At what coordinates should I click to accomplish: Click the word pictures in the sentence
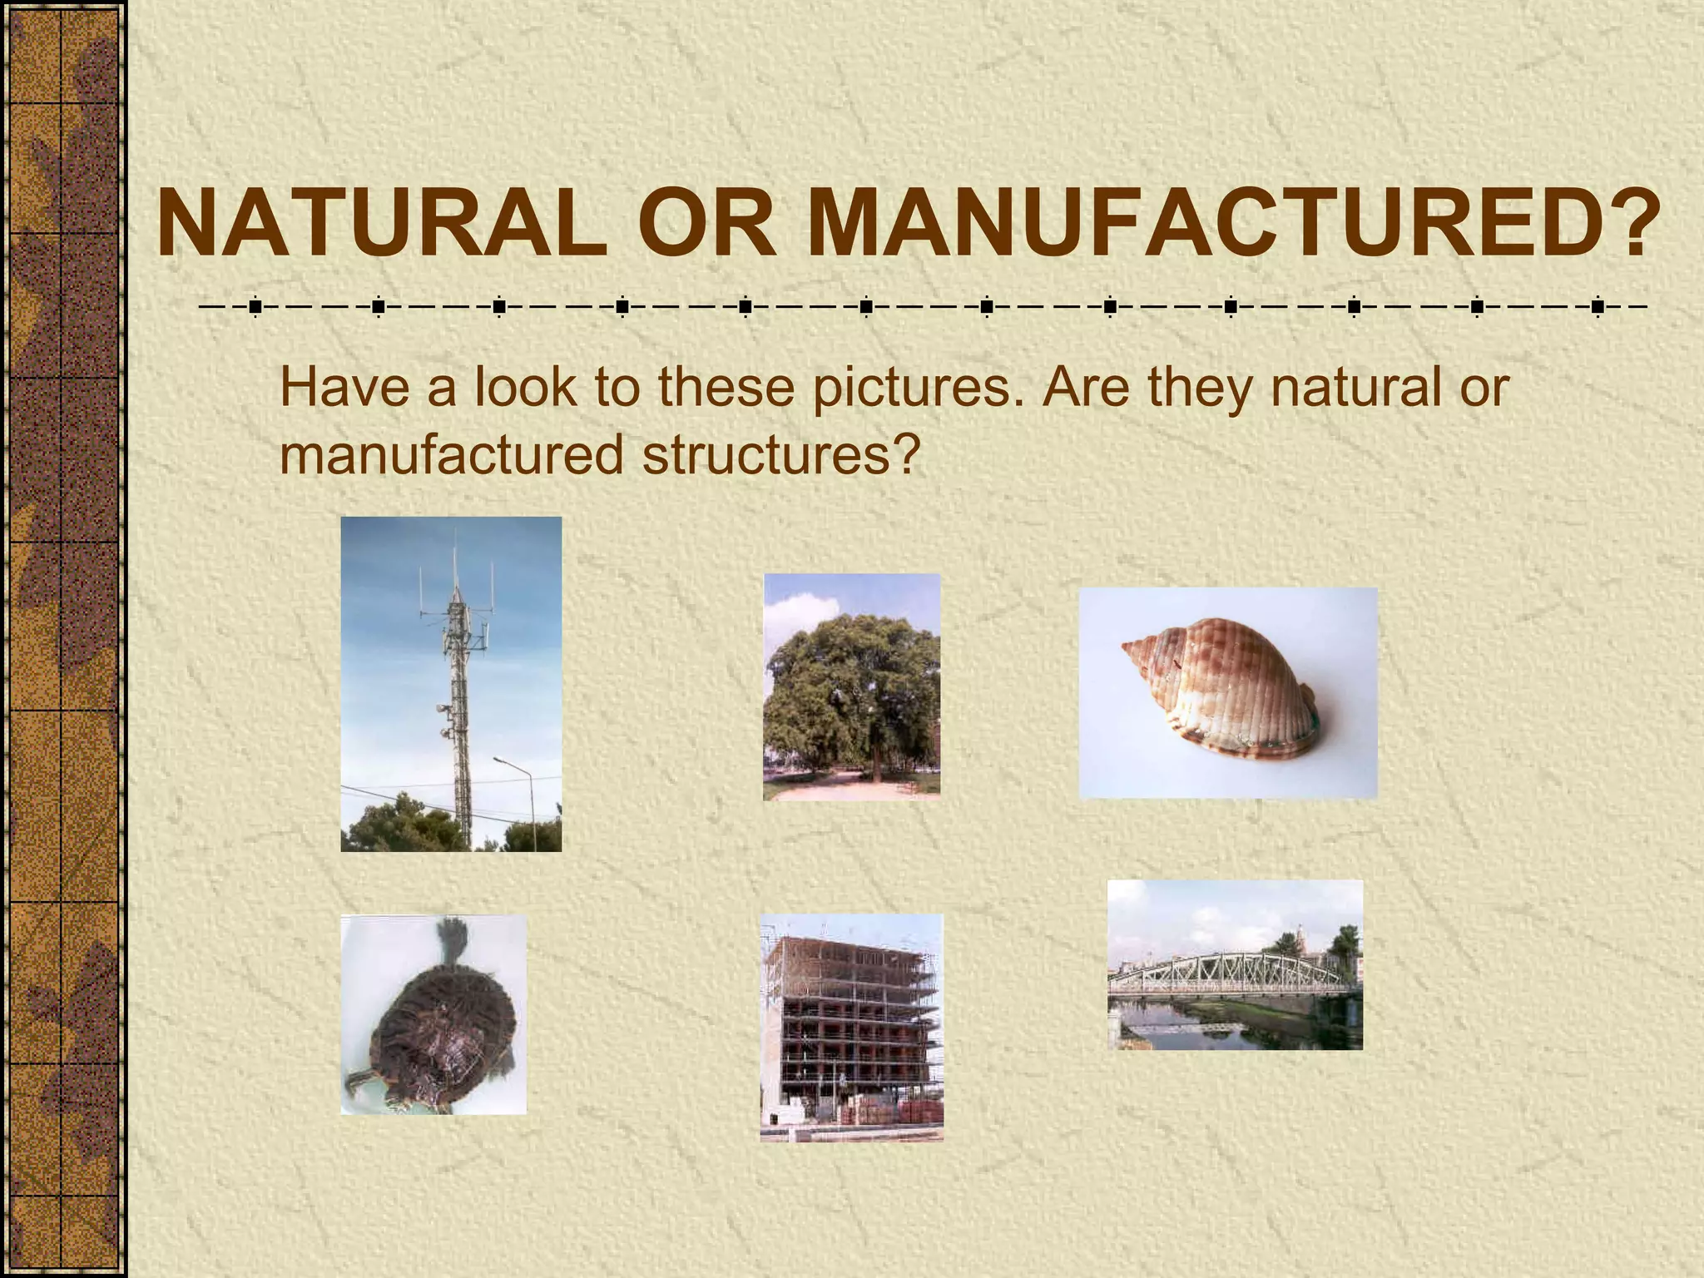(x=916, y=388)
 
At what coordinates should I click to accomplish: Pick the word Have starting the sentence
(x=344, y=388)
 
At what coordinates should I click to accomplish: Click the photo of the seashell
(x=1228, y=693)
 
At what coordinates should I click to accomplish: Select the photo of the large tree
(x=851, y=686)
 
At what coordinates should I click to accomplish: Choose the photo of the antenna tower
(x=451, y=684)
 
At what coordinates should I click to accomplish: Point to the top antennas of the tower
(x=455, y=574)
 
